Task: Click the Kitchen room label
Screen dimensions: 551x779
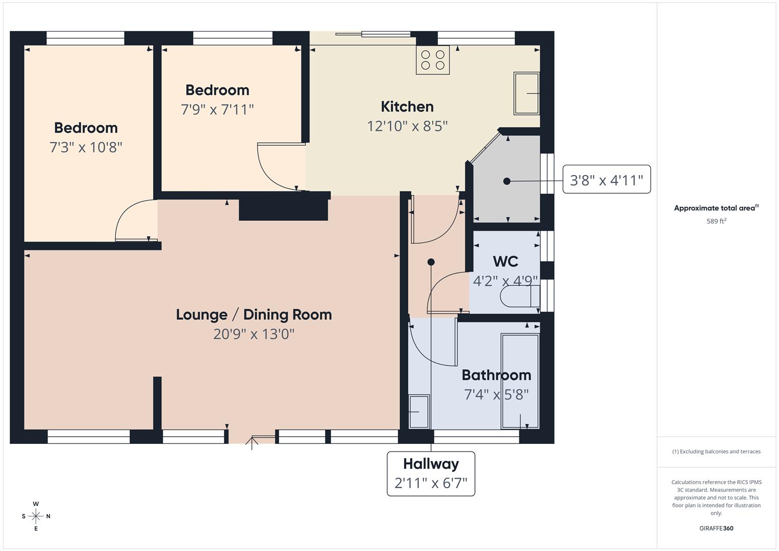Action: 407,107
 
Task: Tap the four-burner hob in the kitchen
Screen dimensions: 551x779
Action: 433,60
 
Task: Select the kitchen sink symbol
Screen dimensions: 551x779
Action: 526,93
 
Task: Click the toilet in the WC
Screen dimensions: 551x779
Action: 520,296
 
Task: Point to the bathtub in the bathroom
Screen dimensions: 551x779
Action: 520,381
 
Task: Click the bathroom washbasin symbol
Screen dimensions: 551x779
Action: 419,411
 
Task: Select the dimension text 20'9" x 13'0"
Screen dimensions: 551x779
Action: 254,334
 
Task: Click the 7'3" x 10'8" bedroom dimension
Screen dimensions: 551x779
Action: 86,147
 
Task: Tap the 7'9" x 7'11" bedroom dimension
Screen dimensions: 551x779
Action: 217,110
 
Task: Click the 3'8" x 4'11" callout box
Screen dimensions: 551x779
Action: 606,180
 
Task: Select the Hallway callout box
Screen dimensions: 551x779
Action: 431,473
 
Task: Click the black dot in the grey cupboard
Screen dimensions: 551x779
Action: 507,181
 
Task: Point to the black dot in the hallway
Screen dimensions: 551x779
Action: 431,262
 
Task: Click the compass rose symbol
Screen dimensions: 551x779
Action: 36,516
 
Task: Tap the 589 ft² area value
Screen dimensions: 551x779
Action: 716,221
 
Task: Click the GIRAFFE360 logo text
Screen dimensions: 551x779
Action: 716,529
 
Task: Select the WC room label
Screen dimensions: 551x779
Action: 506,262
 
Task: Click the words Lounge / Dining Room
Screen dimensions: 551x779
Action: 254,315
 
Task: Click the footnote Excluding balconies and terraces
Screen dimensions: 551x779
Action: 716,452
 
